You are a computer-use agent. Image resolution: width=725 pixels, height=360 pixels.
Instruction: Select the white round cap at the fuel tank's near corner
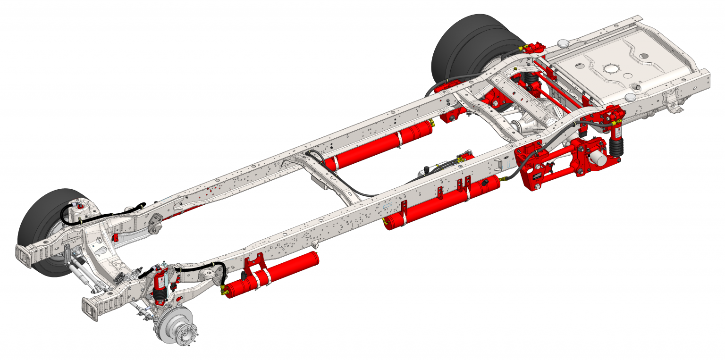pos(630,97)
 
